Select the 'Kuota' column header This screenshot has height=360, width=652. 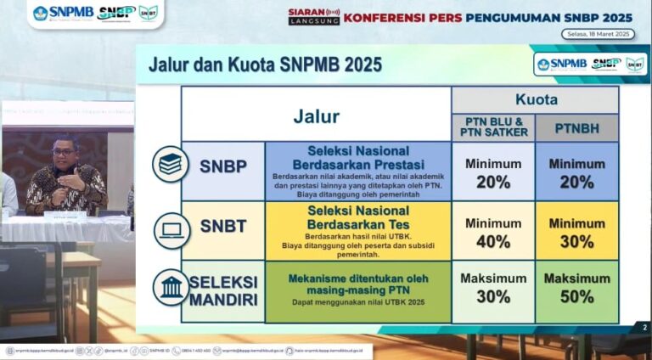coord(537,99)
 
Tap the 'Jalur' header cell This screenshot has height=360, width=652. coord(316,116)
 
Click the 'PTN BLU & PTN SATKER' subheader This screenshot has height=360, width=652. coord(493,128)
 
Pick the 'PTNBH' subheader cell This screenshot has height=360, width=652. coord(577,128)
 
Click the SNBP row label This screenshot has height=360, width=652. coord(223,166)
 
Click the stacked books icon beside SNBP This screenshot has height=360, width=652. coord(171,164)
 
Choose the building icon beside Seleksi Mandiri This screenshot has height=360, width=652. coord(171,288)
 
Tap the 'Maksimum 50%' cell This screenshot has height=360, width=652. coord(577,288)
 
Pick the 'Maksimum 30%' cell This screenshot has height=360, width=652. coord(493,288)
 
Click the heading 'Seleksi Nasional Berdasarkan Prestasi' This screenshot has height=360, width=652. coord(358,156)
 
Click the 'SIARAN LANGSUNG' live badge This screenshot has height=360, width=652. coord(314,16)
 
